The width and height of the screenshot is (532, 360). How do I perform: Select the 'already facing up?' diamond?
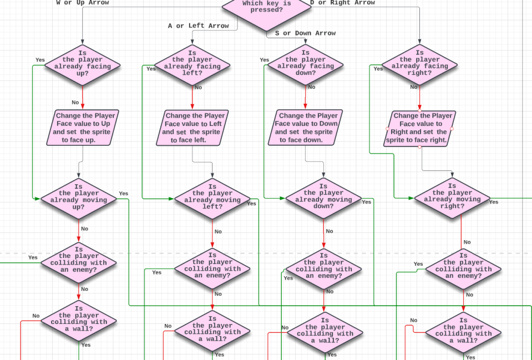83,66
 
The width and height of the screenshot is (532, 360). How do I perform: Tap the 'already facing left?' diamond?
192,66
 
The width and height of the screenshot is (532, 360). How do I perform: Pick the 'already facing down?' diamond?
306,65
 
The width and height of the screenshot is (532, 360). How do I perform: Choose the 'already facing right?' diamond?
420,65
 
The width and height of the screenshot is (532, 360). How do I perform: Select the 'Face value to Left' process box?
192,128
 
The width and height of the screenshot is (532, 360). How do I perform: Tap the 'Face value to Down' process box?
306,128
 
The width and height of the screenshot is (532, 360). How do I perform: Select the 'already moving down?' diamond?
323,199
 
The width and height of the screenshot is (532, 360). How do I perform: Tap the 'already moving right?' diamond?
452,199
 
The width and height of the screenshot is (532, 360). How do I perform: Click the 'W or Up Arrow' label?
83,3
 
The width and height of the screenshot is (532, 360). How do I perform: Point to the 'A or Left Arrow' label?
199,26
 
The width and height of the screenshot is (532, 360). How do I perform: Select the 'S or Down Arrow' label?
306,33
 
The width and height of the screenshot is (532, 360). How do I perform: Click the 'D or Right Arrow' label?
342,3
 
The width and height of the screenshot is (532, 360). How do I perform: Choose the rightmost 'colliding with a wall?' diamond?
463,333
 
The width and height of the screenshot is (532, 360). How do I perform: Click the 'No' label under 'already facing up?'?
75,102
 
